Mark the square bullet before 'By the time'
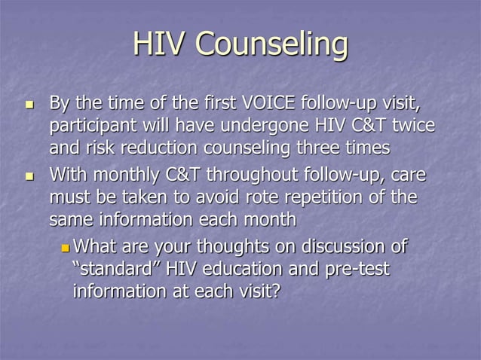29,103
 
